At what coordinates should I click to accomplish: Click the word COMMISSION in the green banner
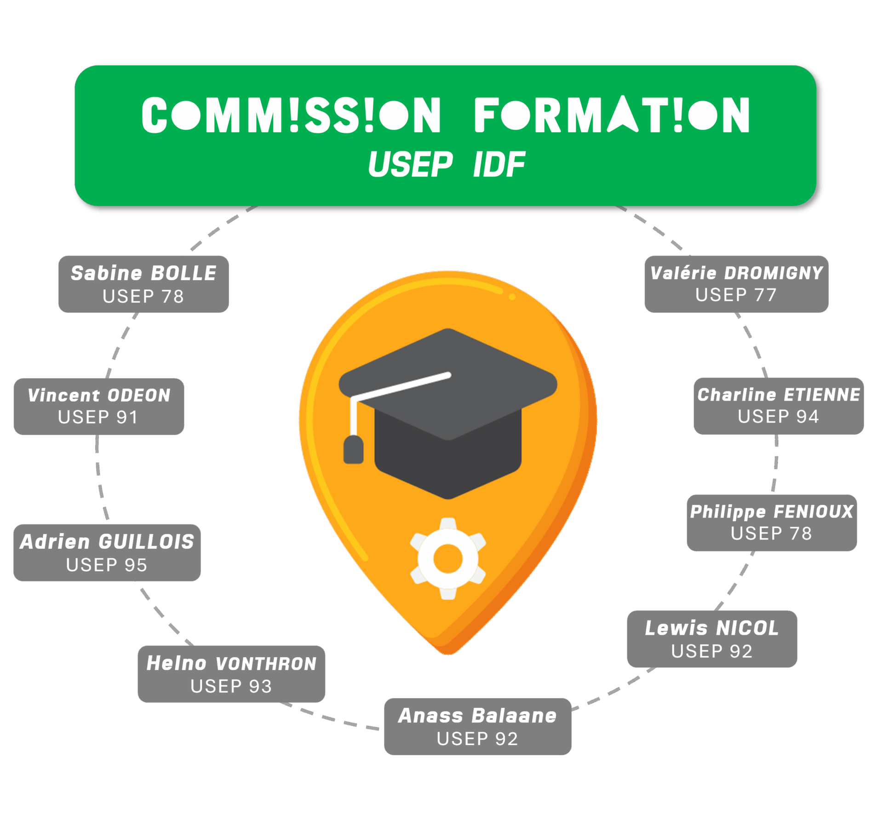click(x=291, y=115)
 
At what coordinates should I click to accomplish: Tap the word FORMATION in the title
click(x=612, y=115)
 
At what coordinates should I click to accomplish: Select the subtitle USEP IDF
click(x=446, y=165)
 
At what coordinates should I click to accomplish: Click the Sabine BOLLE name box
click(x=143, y=284)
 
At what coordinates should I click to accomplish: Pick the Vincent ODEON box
click(x=99, y=406)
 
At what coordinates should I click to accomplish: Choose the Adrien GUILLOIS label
click(x=107, y=552)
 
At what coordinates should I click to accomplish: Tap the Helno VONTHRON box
click(x=231, y=674)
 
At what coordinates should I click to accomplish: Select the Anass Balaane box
click(x=477, y=726)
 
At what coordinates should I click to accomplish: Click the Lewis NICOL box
click(x=712, y=639)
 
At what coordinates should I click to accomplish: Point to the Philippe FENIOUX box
click(x=772, y=523)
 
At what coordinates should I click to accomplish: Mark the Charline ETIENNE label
click(x=779, y=406)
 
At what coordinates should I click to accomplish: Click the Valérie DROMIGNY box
click(x=736, y=284)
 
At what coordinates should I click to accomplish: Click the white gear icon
click(x=448, y=558)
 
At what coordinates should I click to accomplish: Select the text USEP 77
click(x=736, y=295)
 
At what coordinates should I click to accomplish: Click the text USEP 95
click(x=106, y=565)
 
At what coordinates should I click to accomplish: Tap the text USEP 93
click(x=231, y=686)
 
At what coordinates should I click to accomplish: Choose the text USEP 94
click(x=778, y=417)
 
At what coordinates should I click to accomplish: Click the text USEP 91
click(x=98, y=418)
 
